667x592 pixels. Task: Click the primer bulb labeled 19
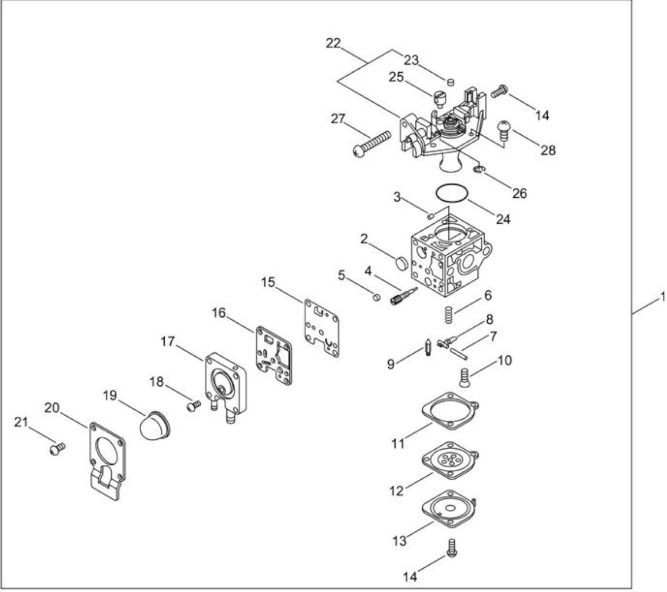(154, 425)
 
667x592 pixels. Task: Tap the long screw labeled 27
(372, 143)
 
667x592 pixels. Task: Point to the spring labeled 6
(448, 314)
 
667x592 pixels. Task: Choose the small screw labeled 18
(194, 405)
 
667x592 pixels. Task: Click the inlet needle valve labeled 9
(428, 347)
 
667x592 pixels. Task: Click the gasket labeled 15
(322, 328)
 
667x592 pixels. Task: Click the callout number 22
(333, 43)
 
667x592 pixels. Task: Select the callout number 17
(168, 341)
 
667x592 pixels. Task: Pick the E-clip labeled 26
(479, 169)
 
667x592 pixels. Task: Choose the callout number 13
(399, 541)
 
